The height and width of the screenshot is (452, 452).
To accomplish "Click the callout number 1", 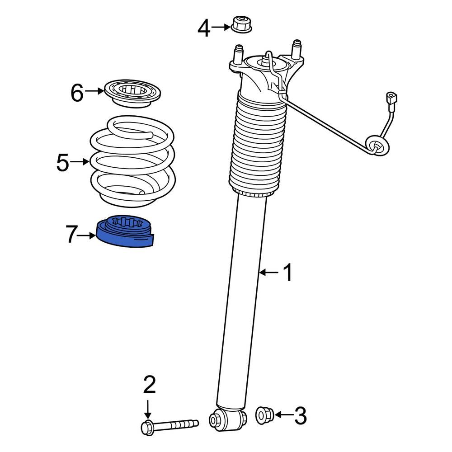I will click(x=287, y=273).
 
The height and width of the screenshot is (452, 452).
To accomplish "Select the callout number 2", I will click(x=149, y=385).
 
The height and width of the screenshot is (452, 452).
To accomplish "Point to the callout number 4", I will click(x=204, y=29).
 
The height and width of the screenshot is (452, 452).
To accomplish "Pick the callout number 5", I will click(x=63, y=163).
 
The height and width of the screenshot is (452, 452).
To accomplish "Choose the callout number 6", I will click(x=77, y=93).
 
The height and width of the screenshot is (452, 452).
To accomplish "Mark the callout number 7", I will click(x=72, y=235).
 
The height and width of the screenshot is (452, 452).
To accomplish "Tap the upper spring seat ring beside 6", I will click(x=133, y=93).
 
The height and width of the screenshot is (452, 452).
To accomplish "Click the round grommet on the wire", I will click(x=376, y=145).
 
